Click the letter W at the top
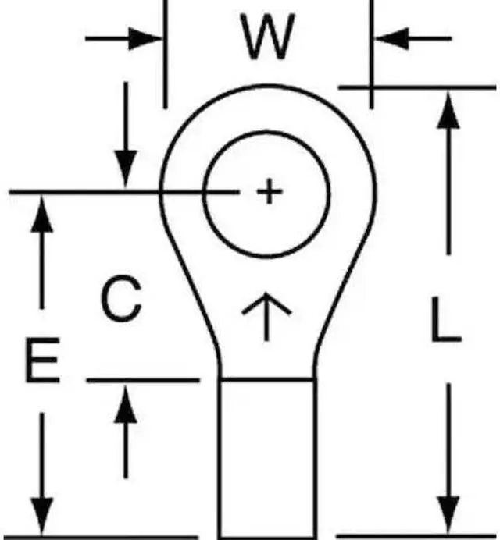268,37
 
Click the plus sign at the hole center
269,191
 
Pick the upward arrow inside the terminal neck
266,314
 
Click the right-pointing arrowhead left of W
148,37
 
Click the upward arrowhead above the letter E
42,215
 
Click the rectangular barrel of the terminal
268,457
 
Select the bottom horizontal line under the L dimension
418,536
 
